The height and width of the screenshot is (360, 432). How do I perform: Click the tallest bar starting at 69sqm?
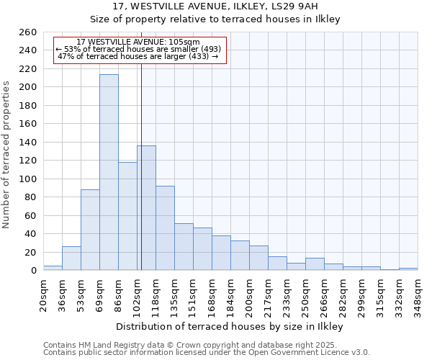(109, 173)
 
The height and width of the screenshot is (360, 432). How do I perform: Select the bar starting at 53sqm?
(90, 230)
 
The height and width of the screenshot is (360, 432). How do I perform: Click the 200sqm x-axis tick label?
(250, 295)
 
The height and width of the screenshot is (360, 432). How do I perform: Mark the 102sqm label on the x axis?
(137, 295)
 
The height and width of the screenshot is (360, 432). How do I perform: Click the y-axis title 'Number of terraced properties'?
(7, 155)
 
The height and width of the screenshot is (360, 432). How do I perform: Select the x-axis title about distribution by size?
(230, 327)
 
